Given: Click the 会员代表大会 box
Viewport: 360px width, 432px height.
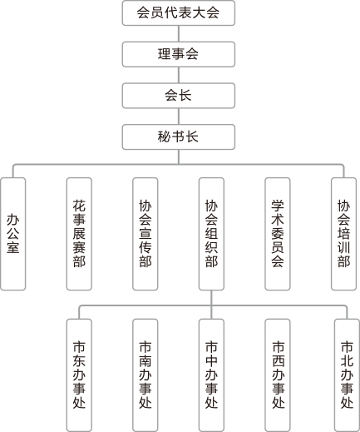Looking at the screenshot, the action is [x=179, y=13].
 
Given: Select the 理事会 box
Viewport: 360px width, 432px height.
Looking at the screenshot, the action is [x=179, y=54].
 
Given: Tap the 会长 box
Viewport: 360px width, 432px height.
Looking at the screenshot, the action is [x=179, y=96].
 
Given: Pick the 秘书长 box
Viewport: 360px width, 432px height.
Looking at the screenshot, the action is [x=179, y=137].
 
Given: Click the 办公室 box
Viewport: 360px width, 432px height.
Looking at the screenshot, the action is [x=13, y=234].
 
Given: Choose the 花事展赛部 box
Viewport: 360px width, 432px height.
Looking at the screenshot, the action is [x=79, y=234].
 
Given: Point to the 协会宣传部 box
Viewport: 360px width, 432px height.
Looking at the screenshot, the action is [x=145, y=234].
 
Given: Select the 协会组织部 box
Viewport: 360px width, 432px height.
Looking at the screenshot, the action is [x=211, y=234].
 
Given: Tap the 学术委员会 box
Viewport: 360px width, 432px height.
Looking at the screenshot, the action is [x=278, y=234].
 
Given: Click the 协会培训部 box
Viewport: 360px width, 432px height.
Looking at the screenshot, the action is [x=343, y=234].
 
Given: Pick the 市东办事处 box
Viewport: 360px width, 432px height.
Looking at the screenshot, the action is [x=79, y=375].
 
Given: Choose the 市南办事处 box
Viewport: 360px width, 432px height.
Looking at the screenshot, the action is [x=145, y=375].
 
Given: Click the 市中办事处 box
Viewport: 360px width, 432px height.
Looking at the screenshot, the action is [x=211, y=375].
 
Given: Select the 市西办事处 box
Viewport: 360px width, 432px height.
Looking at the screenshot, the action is [x=278, y=375].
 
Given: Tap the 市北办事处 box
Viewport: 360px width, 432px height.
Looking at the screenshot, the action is [x=347, y=375].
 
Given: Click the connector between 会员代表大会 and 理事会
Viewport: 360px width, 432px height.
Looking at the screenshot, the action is [x=179, y=33].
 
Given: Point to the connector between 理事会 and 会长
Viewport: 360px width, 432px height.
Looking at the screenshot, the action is [x=179, y=75].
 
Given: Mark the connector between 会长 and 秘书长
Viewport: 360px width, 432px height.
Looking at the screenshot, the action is [x=179, y=117].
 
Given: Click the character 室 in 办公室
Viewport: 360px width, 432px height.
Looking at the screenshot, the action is [x=13, y=247].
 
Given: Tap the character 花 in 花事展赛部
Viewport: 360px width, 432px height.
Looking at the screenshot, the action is [x=79, y=206].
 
